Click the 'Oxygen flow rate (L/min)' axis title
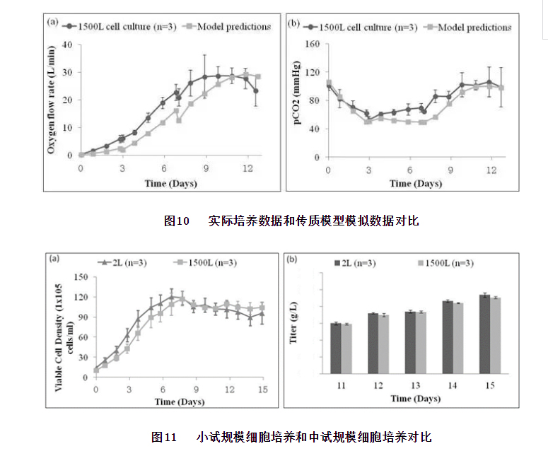coord(52,99)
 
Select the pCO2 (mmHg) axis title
coord(296,99)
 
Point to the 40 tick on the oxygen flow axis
coord(69,44)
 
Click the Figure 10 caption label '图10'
coord(177,221)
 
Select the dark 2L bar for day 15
coord(484,334)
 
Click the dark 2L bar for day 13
coord(410,342)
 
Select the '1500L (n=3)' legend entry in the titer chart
coord(450,263)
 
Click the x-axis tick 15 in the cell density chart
coord(262,389)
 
